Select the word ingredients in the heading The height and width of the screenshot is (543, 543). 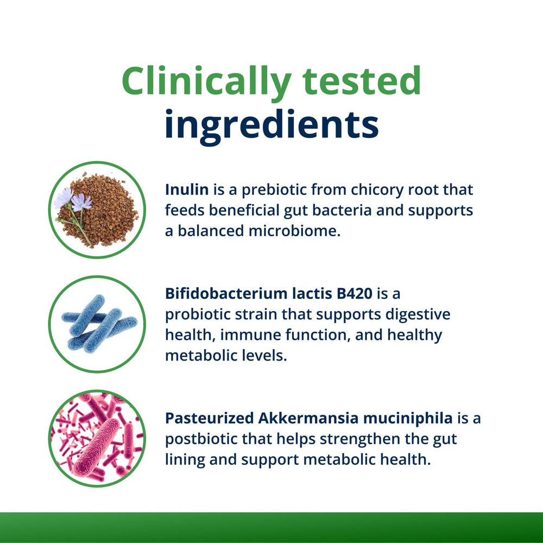(271, 124)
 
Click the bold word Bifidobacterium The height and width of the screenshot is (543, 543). (228, 294)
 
